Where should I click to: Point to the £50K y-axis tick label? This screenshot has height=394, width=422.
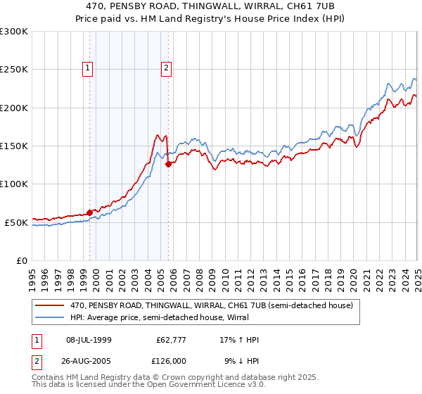tap(16, 222)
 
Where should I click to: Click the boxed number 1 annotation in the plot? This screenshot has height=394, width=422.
tap(88, 68)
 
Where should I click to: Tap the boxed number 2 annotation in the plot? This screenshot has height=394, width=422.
tap(166, 68)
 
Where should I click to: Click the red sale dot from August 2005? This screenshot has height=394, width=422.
tap(168, 165)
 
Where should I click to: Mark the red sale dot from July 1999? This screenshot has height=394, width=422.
tap(90, 212)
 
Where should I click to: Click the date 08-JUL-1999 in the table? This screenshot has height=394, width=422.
tap(94, 340)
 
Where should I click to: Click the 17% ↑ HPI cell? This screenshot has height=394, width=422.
tap(238, 340)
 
